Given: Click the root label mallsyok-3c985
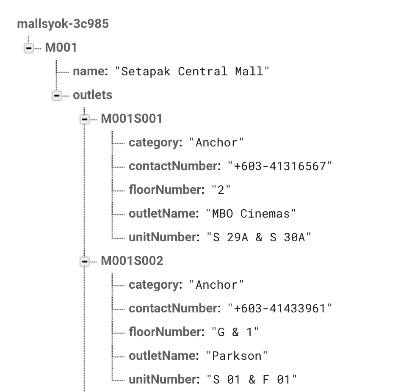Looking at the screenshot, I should [63, 24].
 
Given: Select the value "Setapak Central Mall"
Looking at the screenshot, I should [192, 71].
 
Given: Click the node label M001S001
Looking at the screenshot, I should [132, 119].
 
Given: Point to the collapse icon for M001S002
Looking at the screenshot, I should [85, 262].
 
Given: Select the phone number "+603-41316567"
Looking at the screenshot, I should [280, 166].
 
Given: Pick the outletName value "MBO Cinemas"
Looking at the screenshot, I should [251, 213].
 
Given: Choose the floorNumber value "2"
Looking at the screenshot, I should [221, 190].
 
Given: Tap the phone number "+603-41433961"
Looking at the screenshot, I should [280, 309].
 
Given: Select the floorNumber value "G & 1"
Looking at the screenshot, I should [235, 332].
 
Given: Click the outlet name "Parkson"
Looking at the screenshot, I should [237, 356].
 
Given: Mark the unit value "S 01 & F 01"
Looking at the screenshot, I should [251, 380].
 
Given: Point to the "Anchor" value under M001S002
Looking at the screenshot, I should [216, 285].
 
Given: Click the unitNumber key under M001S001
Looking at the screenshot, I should [163, 237].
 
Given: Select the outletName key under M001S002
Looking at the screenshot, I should [163, 356].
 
